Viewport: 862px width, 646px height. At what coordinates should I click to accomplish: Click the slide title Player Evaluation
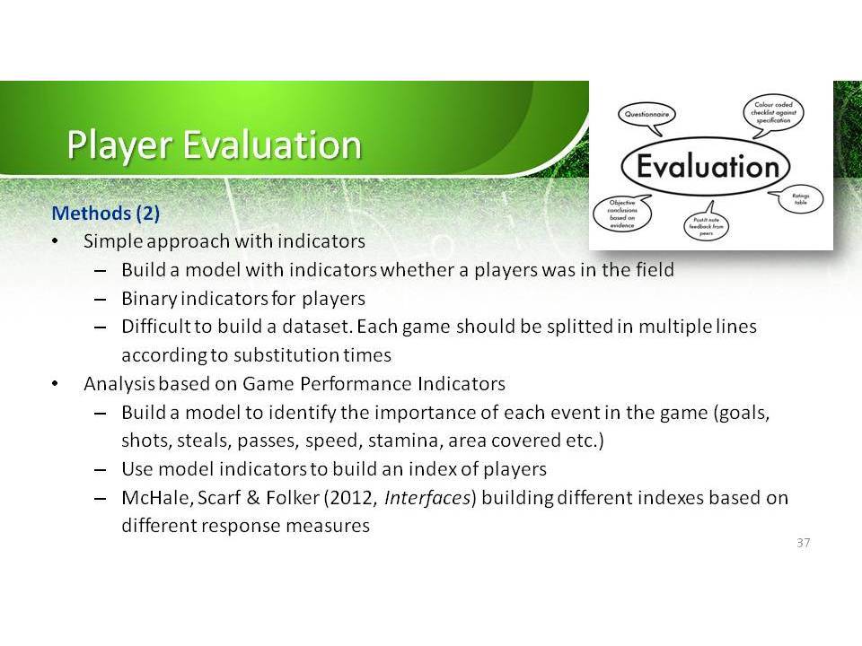pos(214,145)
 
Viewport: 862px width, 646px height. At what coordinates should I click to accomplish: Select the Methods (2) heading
pos(106,213)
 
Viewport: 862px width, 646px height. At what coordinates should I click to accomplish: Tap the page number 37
pos(803,543)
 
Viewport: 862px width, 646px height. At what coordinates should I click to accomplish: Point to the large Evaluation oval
pos(706,167)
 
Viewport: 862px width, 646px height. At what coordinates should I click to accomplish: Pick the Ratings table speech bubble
pos(799,199)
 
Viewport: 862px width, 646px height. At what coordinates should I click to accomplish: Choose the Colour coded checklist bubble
pos(773,114)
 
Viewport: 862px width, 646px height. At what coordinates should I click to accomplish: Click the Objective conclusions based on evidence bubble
pos(622,214)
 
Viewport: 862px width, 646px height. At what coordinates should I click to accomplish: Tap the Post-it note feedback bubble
pos(706,224)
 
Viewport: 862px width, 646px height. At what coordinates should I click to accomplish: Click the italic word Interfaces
pos(427,498)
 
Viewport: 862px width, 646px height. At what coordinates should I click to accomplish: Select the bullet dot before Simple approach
pos(55,241)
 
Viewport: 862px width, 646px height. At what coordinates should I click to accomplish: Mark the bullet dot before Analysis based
pos(55,384)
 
